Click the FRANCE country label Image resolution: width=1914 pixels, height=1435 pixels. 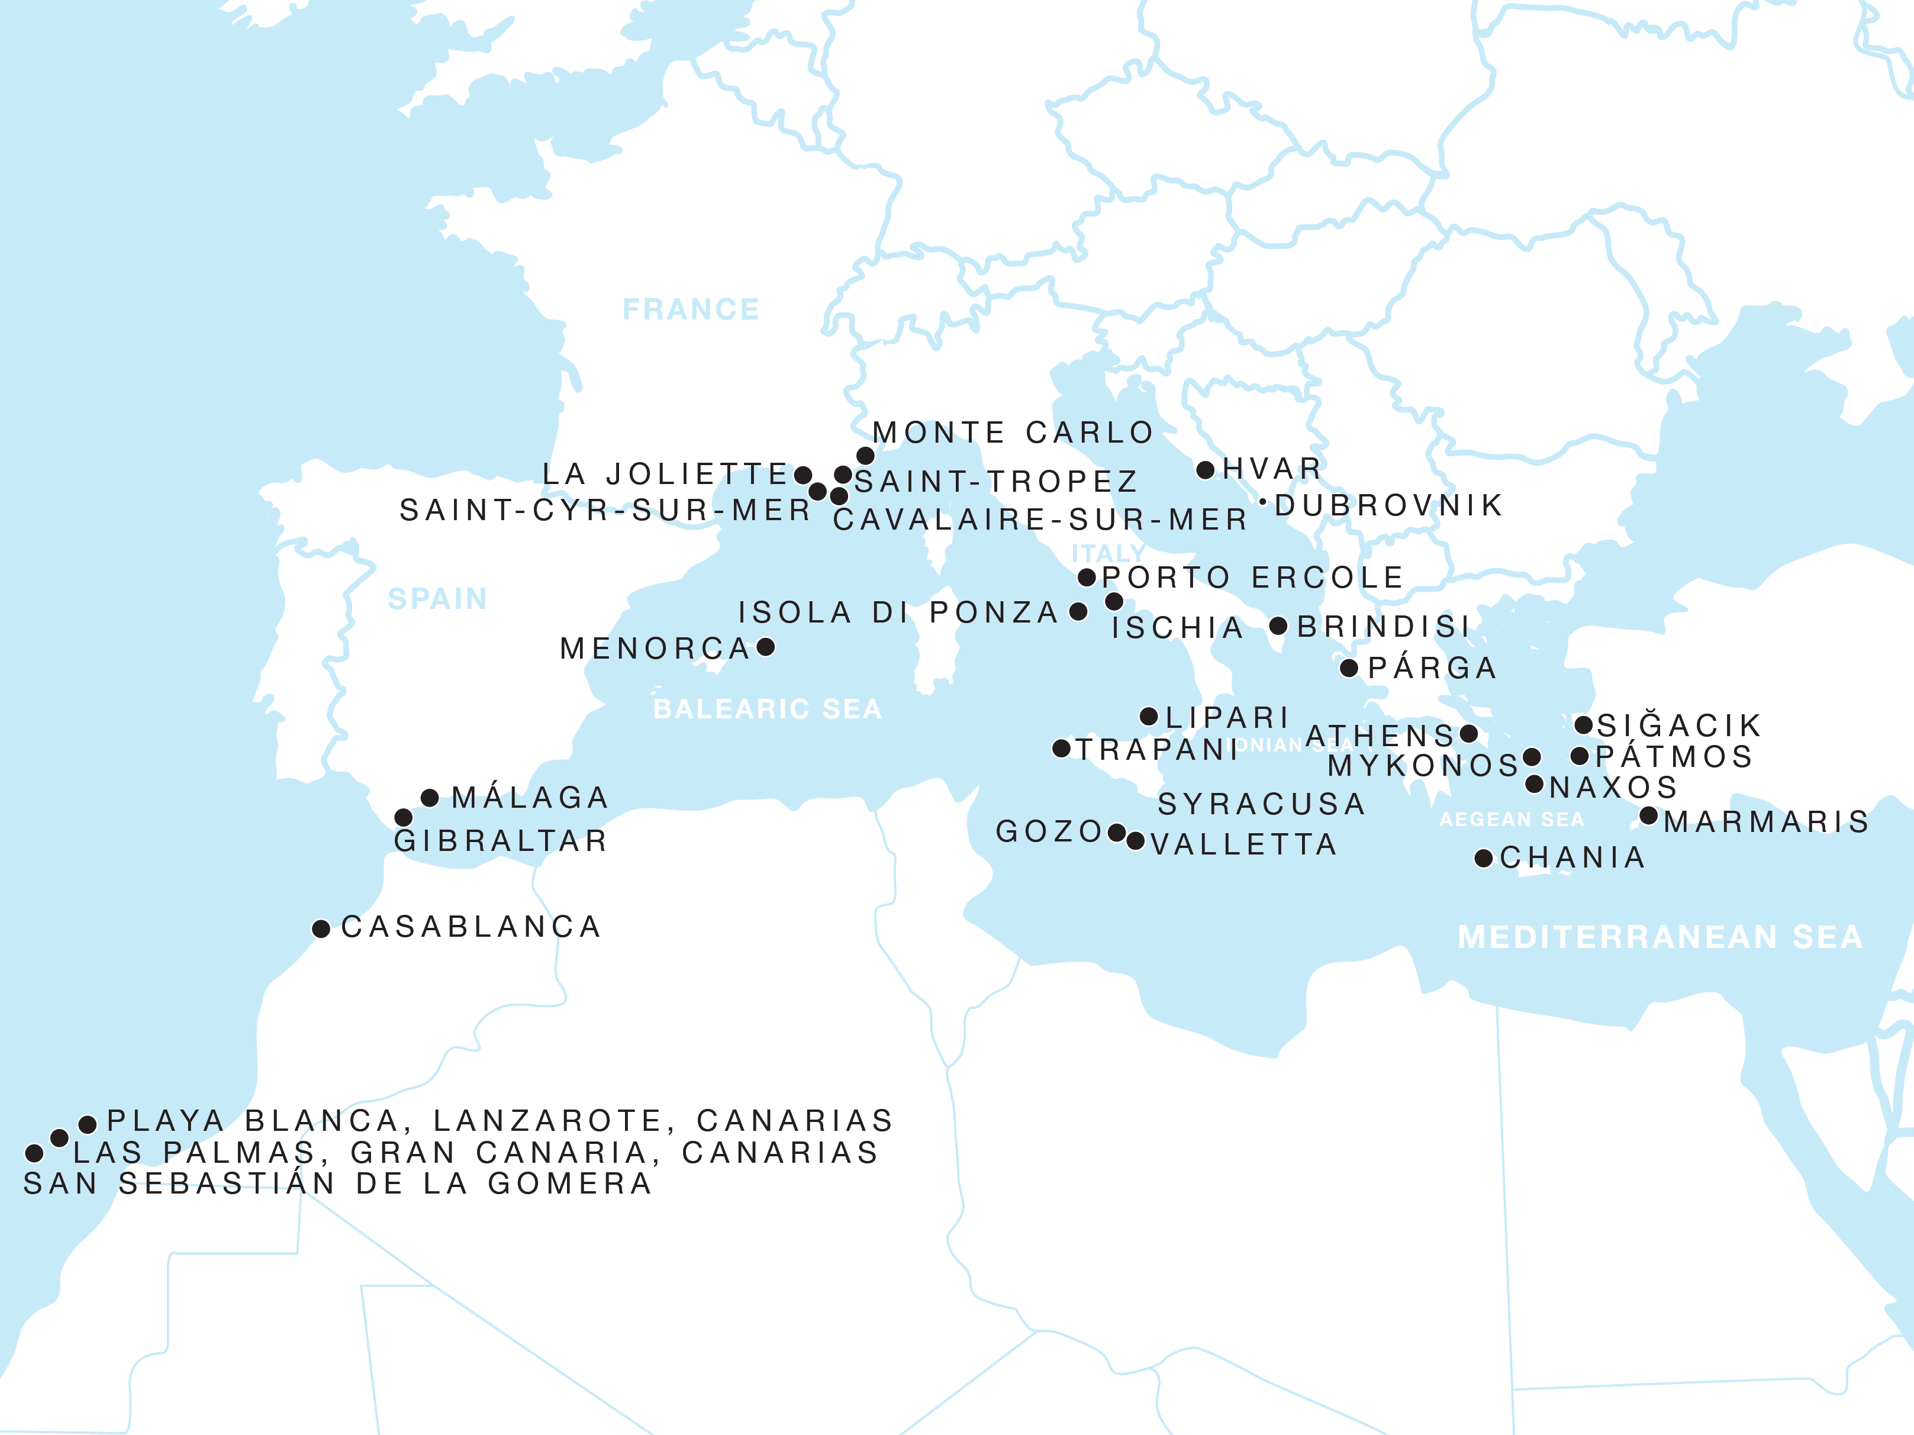(691, 309)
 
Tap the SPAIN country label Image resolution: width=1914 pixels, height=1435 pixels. (438, 599)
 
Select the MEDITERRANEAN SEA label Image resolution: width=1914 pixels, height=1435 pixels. (1660, 937)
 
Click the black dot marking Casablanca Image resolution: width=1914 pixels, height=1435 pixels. (321, 929)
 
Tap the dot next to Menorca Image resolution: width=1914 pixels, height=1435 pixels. (766, 647)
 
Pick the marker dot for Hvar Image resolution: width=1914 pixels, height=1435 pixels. (1206, 470)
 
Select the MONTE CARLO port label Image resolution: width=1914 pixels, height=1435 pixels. (1013, 433)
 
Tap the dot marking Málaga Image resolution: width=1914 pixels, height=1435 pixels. (430, 798)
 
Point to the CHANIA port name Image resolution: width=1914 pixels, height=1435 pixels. (1572, 857)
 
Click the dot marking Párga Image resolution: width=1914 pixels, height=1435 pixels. (1349, 667)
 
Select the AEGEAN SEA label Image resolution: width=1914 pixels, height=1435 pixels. (1511, 819)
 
